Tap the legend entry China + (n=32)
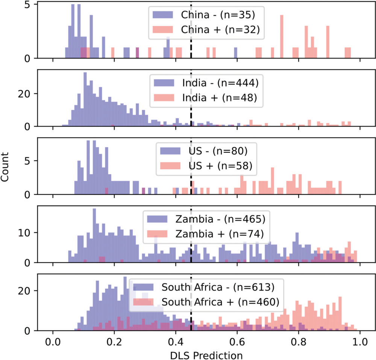[220, 29]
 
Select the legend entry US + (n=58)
[220, 166]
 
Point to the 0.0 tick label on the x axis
[53, 342]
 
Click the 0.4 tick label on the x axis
[176, 342]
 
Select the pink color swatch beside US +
[170, 166]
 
